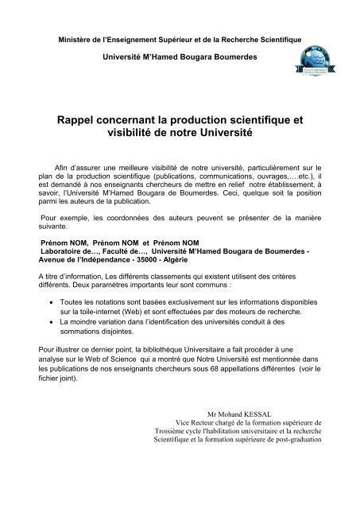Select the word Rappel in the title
coord(79,119)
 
